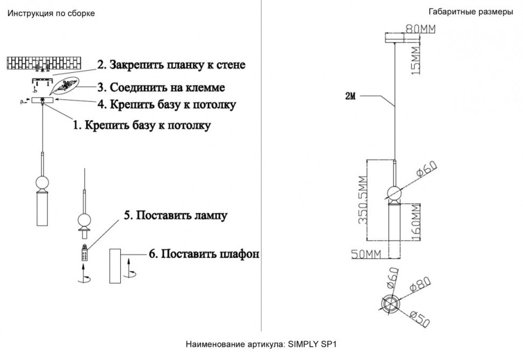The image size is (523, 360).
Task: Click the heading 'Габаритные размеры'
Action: click(x=471, y=12)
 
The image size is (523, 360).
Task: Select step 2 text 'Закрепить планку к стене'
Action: click(x=171, y=65)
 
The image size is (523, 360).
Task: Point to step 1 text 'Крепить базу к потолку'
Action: click(x=142, y=126)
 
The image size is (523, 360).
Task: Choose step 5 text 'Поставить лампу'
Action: click(x=175, y=216)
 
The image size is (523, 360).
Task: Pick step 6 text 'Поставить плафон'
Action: click(x=203, y=253)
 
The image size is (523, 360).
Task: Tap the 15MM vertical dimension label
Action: click(x=414, y=60)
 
